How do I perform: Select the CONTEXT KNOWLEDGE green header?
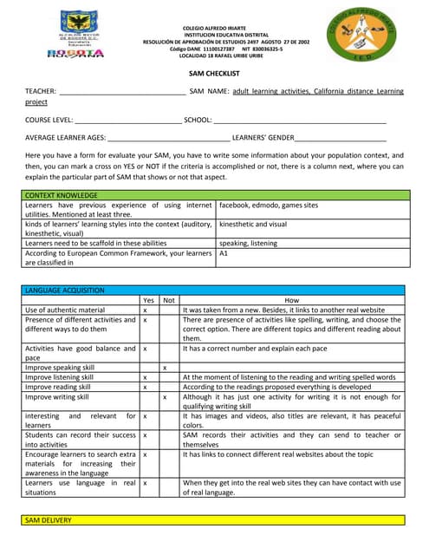coord(62,196)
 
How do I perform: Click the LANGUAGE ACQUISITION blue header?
coord(66,290)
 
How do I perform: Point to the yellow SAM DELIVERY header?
coord(49,520)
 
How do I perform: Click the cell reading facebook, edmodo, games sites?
coord(269,206)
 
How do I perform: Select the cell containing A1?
coord(224,254)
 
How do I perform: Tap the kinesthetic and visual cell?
coord(253,224)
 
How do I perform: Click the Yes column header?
coord(148,299)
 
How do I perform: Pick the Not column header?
coord(169,299)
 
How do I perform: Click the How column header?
coord(291,299)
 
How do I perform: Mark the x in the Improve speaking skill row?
coord(166,368)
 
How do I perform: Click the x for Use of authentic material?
coord(145,310)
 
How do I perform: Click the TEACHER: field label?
coord(41,91)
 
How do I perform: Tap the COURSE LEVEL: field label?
coord(49,120)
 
